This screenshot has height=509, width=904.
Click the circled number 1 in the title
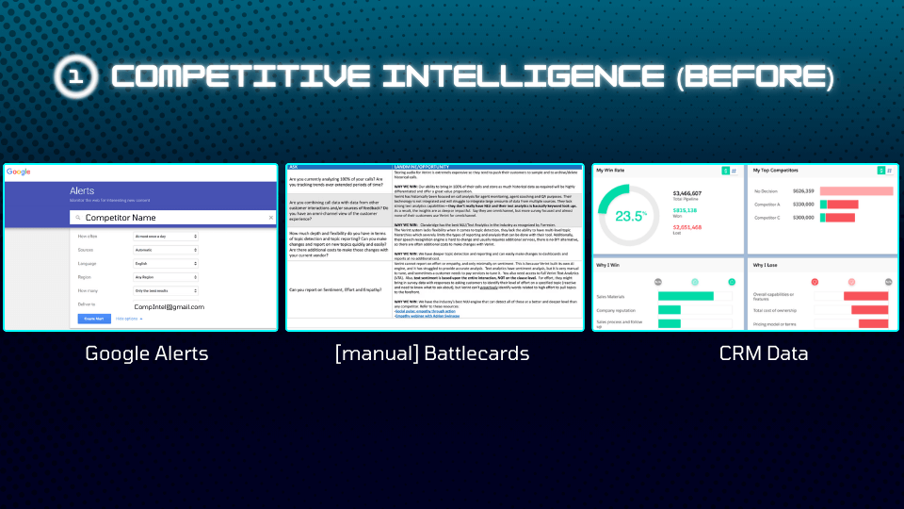pyautogui.click(x=74, y=76)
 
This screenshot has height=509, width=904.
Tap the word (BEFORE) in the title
pyautogui.click(x=753, y=76)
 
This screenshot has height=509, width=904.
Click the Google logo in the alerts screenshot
pyautogui.click(x=19, y=172)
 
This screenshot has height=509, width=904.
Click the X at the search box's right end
pyautogui.click(x=270, y=217)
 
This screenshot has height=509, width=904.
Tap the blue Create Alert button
pyautogui.click(x=93, y=319)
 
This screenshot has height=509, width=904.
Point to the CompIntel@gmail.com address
pyautogui.click(x=169, y=306)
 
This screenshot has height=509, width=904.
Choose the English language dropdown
pyautogui.click(x=166, y=264)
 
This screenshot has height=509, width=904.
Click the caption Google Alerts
pyautogui.click(x=145, y=354)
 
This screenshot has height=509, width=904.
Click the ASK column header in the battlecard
pyautogui.click(x=294, y=168)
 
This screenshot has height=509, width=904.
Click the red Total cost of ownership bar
pyautogui.click(x=869, y=309)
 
